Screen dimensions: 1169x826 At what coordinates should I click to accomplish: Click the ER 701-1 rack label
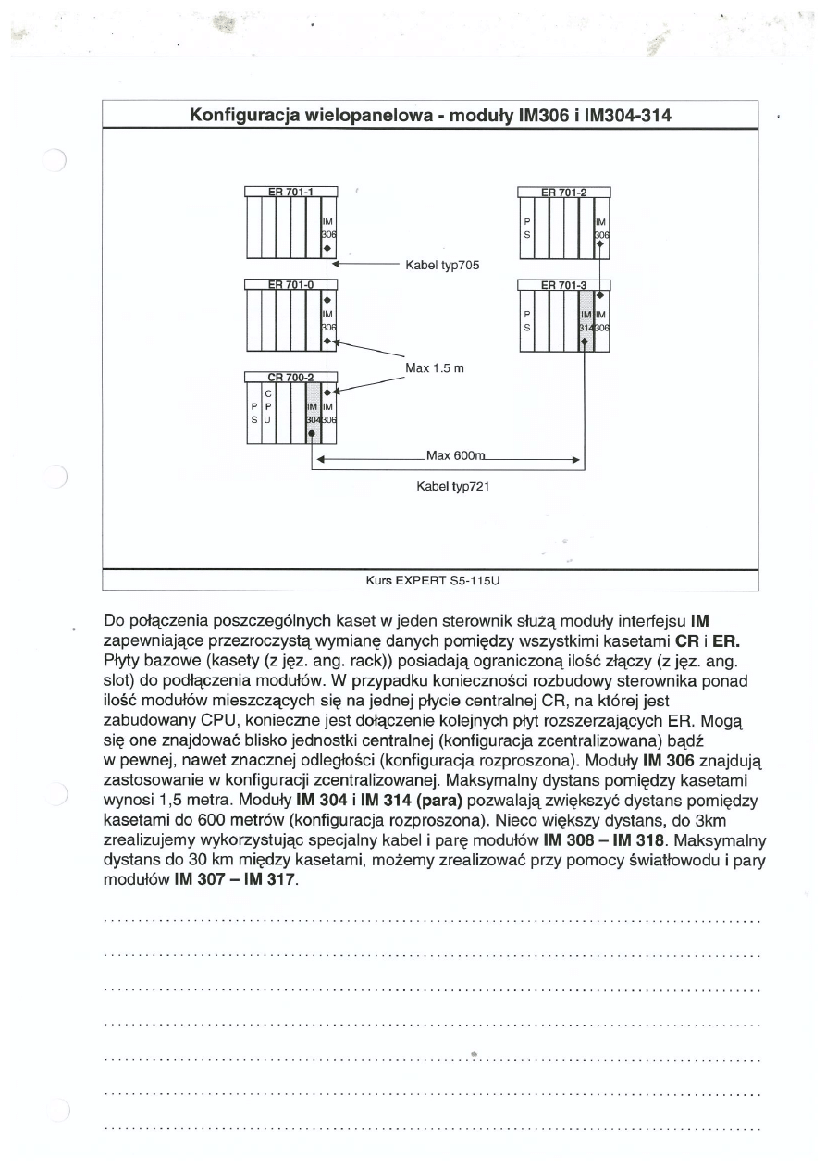coord(290,192)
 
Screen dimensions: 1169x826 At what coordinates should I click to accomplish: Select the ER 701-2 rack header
coord(563,192)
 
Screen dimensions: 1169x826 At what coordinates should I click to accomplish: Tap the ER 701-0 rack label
coord(290,283)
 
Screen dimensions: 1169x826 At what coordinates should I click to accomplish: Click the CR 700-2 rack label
coord(290,377)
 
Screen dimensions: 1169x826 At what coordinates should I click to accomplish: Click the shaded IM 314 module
coord(586,320)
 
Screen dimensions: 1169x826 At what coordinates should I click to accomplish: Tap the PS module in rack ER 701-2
coord(527,228)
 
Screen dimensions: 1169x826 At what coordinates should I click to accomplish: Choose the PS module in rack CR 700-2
coord(253,413)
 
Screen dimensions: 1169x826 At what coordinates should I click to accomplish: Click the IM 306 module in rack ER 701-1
coord(327,228)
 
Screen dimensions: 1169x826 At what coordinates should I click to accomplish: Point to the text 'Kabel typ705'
coord(442,265)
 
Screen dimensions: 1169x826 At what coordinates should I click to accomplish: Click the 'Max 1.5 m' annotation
coord(434,368)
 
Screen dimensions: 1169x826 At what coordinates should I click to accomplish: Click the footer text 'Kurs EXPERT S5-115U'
coord(434,582)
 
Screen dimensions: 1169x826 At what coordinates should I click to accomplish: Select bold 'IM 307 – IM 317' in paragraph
coord(236,878)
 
